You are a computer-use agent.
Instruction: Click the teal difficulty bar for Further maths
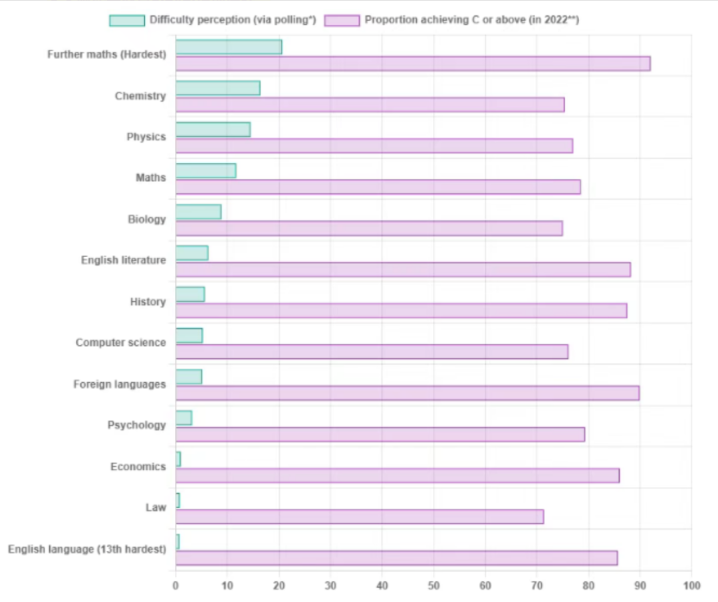(x=229, y=47)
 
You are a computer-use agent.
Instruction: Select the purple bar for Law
(x=360, y=517)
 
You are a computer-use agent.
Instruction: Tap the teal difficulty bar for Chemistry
(x=218, y=88)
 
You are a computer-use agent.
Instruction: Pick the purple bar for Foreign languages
(x=408, y=393)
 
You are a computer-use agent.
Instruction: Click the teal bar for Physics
(x=213, y=130)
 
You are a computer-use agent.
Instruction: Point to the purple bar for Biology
(x=369, y=229)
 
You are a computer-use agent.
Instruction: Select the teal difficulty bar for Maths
(x=205, y=171)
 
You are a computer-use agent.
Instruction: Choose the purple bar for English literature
(x=403, y=270)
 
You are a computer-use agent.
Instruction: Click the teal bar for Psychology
(x=183, y=418)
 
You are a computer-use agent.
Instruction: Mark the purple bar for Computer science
(x=372, y=351)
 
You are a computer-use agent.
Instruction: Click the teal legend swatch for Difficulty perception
(x=127, y=21)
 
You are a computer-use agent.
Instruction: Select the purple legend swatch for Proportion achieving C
(x=342, y=21)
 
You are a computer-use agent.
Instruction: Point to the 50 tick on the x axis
(x=433, y=585)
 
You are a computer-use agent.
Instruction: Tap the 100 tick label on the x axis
(x=691, y=585)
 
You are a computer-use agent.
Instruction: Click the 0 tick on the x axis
(x=176, y=585)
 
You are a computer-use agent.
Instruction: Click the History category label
(x=148, y=302)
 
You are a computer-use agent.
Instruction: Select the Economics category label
(x=138, y=466)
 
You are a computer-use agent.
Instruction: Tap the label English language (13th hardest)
(x=87, y=549)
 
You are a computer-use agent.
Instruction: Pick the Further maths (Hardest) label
(x=106, y=54)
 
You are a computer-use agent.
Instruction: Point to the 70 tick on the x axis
(x=537, y=585)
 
